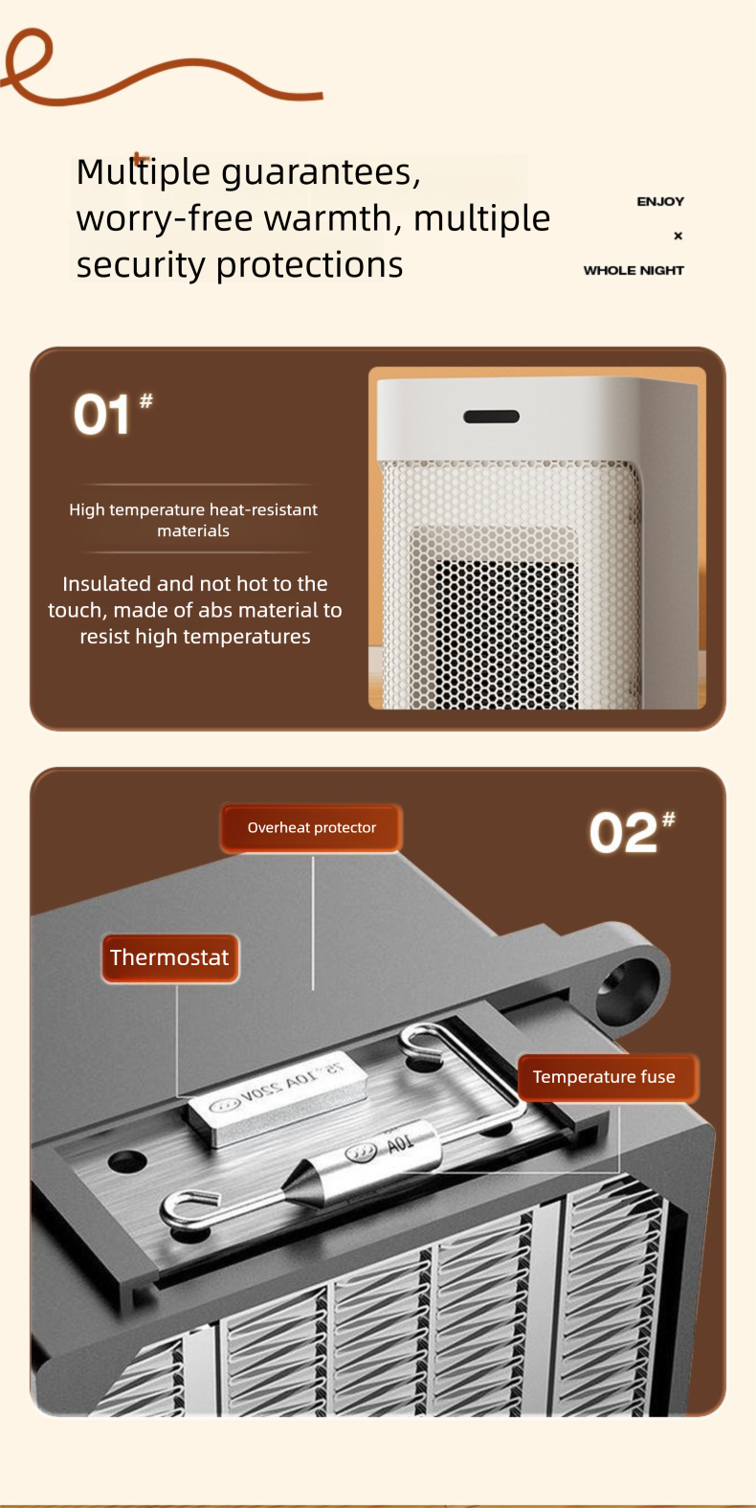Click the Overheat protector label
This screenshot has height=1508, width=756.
312,828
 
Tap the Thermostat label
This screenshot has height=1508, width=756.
169,958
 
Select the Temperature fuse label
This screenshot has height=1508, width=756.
604,1077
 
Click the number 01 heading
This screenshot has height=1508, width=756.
102,416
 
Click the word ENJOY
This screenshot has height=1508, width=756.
660,202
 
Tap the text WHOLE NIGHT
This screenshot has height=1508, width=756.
634,271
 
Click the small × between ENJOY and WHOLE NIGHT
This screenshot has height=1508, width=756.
678,236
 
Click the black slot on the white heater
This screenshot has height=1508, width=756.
491,416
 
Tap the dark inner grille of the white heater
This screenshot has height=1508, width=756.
506,632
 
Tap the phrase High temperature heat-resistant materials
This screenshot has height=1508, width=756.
193,520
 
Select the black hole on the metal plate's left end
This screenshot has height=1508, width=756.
127,1161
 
